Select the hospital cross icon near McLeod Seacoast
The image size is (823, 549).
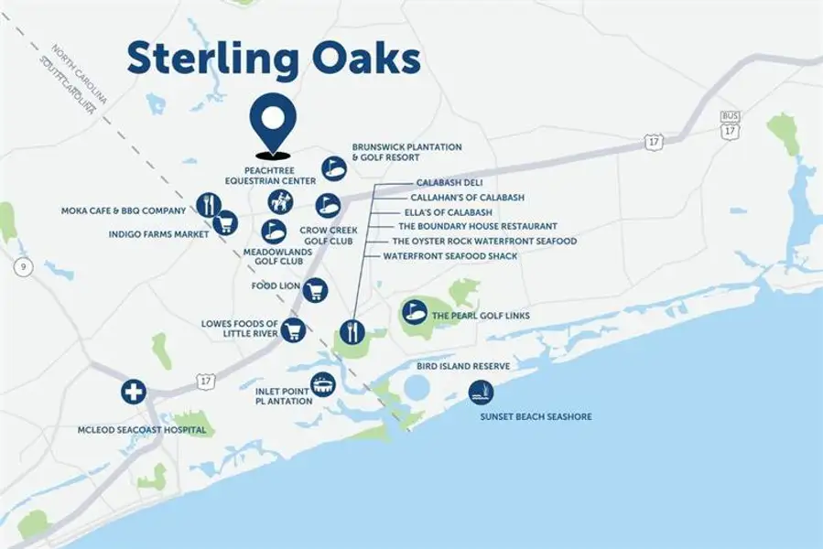[x=134, y=393]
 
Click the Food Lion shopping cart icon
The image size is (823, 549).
[x=315, y=291]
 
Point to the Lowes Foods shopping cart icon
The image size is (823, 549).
[x=293, y=329]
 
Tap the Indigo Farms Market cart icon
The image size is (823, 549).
[x=224, y=222]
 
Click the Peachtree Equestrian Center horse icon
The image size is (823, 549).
[x=280, y=201]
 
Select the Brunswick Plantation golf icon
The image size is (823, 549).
[x=333, y=168]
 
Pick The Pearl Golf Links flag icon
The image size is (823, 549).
[x=415, y=312]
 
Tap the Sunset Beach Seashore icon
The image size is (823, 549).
[x=481, y=393]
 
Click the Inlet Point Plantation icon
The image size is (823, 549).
[x=323, y=384]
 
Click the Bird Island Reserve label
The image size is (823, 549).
[x=462, y=366]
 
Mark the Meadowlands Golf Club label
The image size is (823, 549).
[x=273, y=256]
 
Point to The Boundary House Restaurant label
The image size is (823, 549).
[x=477, y=226]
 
